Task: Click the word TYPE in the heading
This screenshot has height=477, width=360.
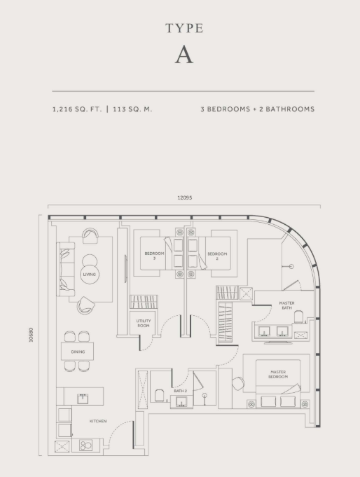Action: pyautogui.click(x=184, y=29)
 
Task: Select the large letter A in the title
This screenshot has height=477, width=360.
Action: pyautogui.click(x=184, y=56)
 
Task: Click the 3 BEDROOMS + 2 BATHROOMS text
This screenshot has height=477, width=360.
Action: pyautogui.click(x=257, y=109)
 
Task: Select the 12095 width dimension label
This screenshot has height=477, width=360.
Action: pyautogui.click(x=184, y=198)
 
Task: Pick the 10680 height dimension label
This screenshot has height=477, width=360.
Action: pyautogui.click(x=32, y=337)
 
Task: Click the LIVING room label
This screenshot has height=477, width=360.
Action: pyautogui.click(x=89, y=274)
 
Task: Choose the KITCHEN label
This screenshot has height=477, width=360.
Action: pyautogui.click(x=97, y=421)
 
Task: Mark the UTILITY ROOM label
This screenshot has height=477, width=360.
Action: pyautogui.click(x=144, y=322)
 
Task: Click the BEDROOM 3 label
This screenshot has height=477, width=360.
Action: pyautogui.click(x=154, y=255)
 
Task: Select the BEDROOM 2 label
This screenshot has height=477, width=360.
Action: pyautogui.click(x=216, y=255)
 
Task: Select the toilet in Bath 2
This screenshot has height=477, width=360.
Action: pyautogui.click(x=158, y=396)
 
